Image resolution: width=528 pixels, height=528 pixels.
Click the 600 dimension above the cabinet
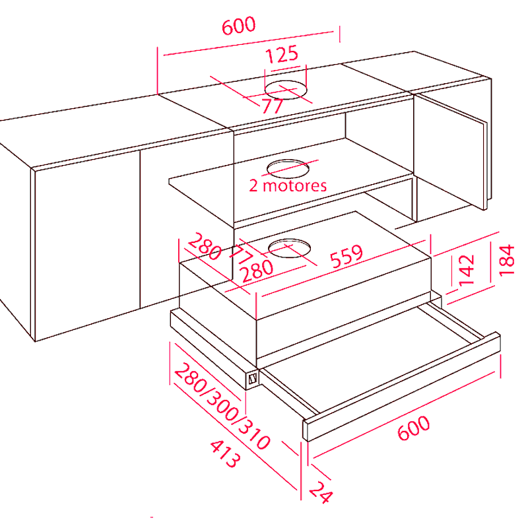[x=238, y=26]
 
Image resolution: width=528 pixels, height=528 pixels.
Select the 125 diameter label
[x=282, y=54]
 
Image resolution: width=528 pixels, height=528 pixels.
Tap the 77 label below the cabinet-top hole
[x=273, y=106]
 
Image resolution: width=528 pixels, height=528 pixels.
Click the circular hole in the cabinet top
[x=286, y=90]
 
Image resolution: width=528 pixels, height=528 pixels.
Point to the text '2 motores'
[x=288, y=185]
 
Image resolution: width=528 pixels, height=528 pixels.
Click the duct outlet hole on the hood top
[x=289, y=248]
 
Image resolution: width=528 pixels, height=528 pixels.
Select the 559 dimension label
[x=346, y=257]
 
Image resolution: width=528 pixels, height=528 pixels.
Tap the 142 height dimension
[x=467, y=270]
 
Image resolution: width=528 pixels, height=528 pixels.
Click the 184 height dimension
[x=506, y=261]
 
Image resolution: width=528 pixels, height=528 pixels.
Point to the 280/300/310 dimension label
[x=222, y=406]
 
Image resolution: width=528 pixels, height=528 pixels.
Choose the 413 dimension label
[x=226, y=453]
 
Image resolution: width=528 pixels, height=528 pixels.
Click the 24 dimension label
[x=321, y=492]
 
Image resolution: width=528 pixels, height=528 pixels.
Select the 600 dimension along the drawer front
[x=414, y=428]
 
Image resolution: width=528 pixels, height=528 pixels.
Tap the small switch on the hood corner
[x=253, y=379]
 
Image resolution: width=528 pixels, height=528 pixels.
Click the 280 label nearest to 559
[x=257, y=271]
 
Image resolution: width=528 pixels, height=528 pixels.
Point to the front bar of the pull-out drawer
[x=402, y=387]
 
